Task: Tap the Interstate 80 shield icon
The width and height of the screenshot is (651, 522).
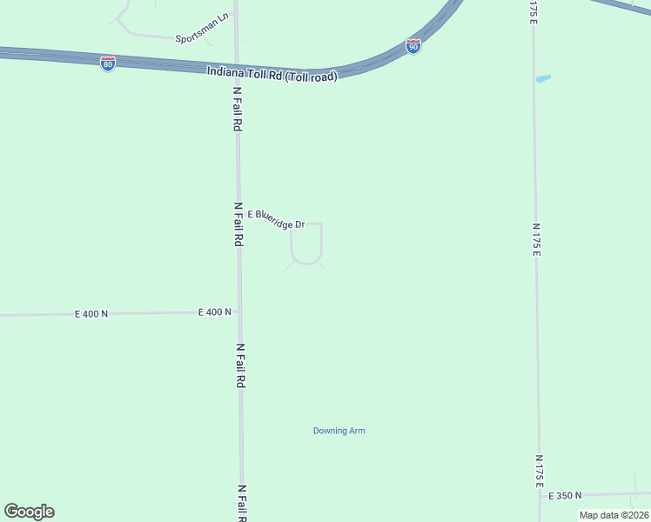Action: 107,64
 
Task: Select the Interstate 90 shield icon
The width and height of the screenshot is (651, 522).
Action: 413,46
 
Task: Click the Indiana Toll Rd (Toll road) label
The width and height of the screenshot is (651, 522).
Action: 272,73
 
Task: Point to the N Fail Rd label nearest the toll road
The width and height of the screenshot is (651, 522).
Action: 237,108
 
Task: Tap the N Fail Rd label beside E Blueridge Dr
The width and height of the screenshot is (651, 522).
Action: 238,224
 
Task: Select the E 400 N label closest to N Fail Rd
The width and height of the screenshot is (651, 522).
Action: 215,311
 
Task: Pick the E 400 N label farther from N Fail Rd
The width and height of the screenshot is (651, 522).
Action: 91,313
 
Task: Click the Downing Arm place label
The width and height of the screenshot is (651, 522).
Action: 339,431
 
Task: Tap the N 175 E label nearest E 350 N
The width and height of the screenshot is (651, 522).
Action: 540,470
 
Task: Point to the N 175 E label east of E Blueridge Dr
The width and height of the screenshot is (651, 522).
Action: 537,238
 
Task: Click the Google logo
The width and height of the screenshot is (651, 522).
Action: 29,512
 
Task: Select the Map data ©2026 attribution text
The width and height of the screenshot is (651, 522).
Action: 614,515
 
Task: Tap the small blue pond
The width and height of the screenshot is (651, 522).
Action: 544,79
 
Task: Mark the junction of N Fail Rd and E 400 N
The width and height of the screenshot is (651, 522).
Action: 238,311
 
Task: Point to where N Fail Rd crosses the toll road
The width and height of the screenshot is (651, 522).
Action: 237,68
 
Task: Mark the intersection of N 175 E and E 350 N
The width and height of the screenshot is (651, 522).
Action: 540,495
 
